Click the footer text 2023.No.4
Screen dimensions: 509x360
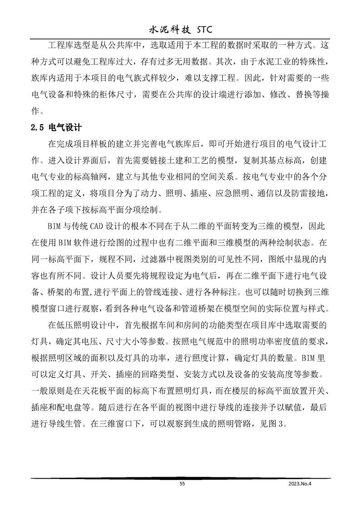click(x=301, y=484)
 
